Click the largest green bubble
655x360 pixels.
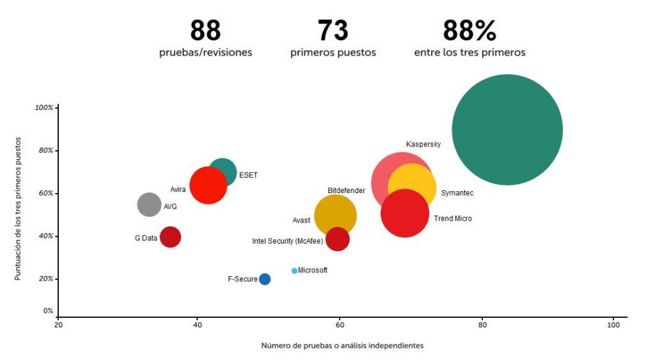507,130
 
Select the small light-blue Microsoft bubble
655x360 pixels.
294,271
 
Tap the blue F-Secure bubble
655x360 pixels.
264,279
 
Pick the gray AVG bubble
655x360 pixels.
149,205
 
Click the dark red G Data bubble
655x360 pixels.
170,237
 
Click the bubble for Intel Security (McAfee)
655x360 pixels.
337,239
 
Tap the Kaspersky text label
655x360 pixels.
423,145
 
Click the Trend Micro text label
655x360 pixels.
453,219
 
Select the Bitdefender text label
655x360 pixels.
346,191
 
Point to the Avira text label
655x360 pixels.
178,189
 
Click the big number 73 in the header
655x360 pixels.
333,31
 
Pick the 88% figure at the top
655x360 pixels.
470,31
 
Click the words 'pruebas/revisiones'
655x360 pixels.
205,52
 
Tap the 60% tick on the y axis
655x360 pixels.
44,193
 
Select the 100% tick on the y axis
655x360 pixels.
44,107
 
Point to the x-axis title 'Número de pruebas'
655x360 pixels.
342,345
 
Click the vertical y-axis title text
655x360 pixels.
19,208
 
